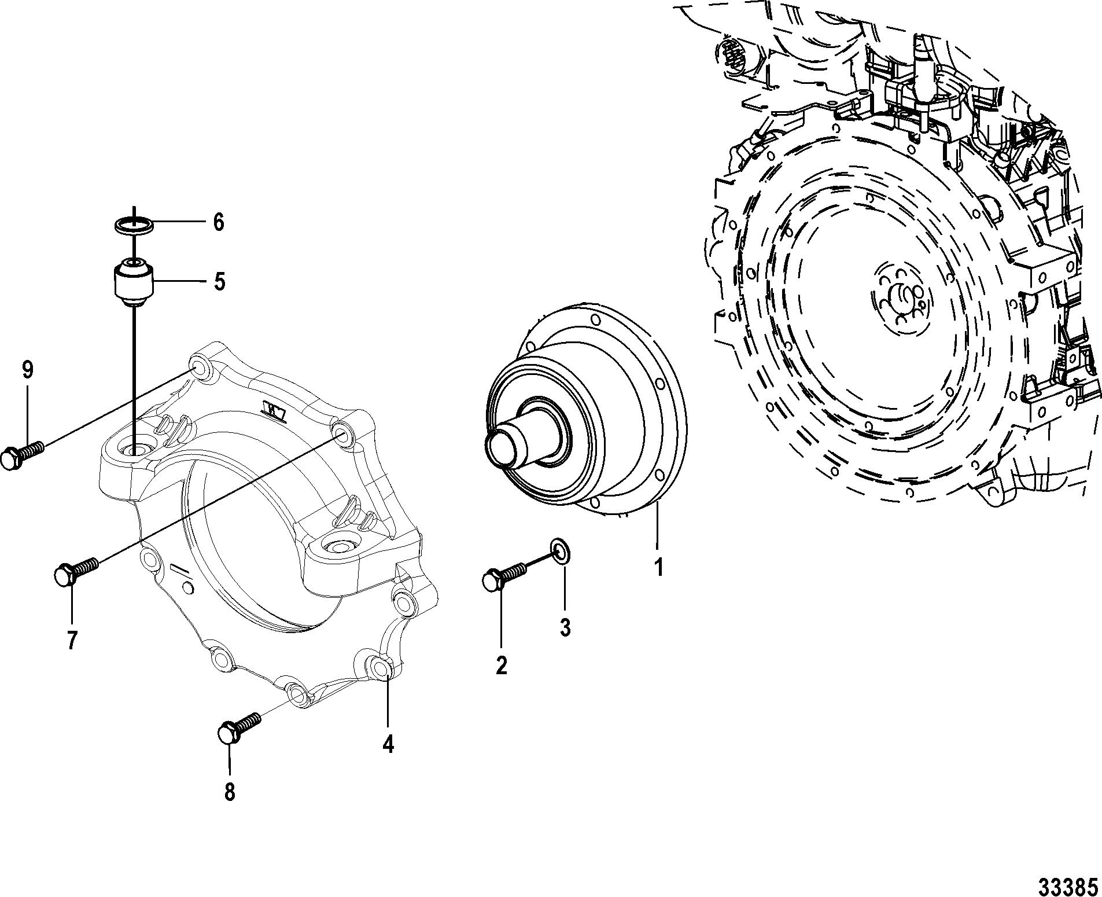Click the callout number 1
click(658, 567)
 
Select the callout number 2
click(501, 665)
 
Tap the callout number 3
click(565, 627)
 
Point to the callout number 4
click(388, 743)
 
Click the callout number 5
click(219, 282)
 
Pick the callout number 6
click(218, 222)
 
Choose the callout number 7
click(72, 641)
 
